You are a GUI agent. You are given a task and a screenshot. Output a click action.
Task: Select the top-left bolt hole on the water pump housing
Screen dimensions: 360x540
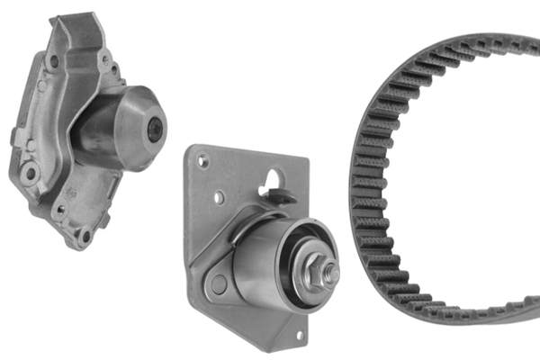pyautogui.click(x=54, y=61)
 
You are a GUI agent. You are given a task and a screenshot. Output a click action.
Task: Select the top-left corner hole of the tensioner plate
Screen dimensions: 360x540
pyautogui.click(x=204, y=163)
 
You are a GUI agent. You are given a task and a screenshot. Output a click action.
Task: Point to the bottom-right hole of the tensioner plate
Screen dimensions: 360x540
pyautogui.click(x=299, y=335)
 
